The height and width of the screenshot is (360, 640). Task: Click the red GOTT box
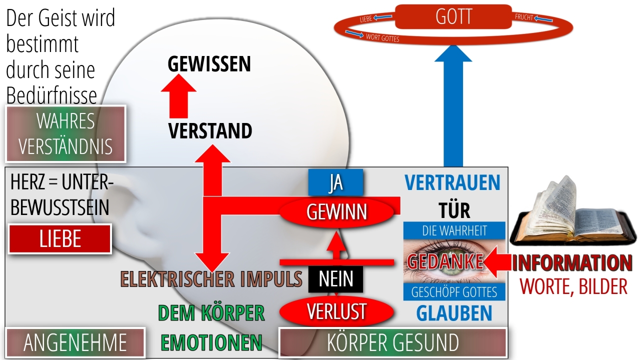pyautogui.click(x=453, y=16)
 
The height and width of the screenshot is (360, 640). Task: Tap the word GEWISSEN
pyautogui.click(x=209, y=63)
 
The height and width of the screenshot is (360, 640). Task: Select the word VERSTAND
pyautogui.click(x=210, y=131)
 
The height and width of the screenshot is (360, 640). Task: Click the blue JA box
pyautogui.click(x=335, y=182)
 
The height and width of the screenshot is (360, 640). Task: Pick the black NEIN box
pyautogui.click(x=335, y=279)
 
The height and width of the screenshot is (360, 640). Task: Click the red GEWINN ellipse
pyautogui.click(x=336, y=212)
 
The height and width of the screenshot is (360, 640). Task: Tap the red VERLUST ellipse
pyautogui.click(x=336, y=311)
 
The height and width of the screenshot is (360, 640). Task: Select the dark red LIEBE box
pyautogui.click(x=59, y=239)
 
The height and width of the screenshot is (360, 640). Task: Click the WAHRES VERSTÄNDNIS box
pyautogui.click(x=65, y=133)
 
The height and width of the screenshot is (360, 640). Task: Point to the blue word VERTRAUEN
pyautogui.click(x=452, y=182)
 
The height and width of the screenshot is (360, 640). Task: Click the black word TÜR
pyautogui.click(x=454, y=211)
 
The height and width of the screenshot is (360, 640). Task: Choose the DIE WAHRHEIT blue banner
pyautogui.click(x=454, y=230)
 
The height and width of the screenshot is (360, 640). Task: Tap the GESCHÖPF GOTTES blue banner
pyautogui.click(x=454, y=292)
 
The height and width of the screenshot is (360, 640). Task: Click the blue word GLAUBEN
pyautogui.click(x=454, y=313)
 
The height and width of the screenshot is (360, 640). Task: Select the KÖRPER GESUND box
pyautogui.click(x=393, y=342)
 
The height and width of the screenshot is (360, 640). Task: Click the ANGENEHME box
pyautogui.click(x=75, y=342)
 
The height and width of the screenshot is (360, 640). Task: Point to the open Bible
pyautogui.click(x=573, y=213)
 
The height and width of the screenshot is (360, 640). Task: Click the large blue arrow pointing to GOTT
pyautogui.click(x=453, y=105)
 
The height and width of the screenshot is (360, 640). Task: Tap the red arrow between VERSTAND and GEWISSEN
pyautogui.click(x=178, y=96)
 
